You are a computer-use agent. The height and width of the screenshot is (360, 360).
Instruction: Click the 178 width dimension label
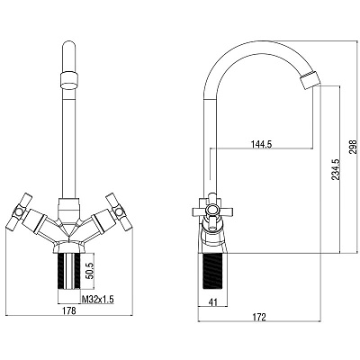coord(70,310)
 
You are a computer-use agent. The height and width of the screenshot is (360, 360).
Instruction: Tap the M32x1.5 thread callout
coord(98,299)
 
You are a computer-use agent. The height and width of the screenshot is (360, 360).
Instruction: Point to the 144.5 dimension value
coord(261,144)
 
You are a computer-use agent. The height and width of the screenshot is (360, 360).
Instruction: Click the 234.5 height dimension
coord(335,169)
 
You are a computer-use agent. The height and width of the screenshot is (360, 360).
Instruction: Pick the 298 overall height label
coord(354,147)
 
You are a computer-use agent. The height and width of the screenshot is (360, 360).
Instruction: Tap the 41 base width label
coord(212,302)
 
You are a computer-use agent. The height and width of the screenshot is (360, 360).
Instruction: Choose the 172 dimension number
coord(259,317)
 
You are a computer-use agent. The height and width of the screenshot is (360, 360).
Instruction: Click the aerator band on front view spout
coord(69,80)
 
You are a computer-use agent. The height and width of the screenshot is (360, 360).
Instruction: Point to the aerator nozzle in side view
coord(311,80)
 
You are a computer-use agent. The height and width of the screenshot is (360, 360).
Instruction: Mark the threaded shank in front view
coord(69,272)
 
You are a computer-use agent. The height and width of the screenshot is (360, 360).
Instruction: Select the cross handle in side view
coord(212,211)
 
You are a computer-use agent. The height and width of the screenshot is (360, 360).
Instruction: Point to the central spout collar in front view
coord(69,210)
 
